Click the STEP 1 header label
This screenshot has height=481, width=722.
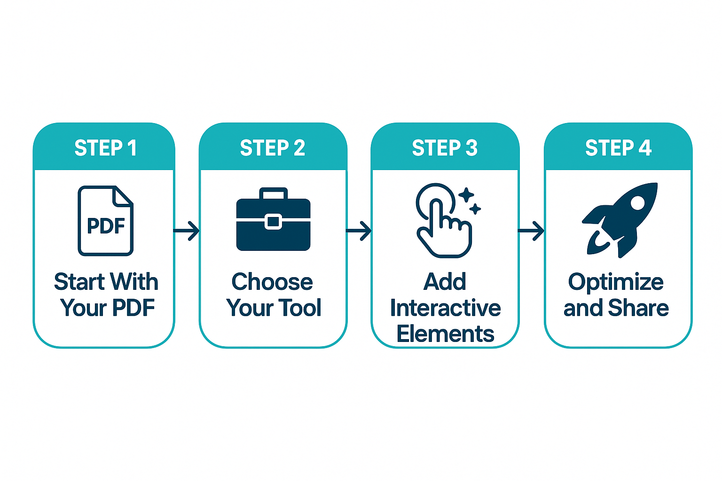pyautogui.click(x=105, y=148)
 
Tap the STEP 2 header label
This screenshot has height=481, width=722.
pyautogui.click(x=273, y=148)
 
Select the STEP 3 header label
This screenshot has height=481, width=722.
pyautogui.click(x=445, y=148)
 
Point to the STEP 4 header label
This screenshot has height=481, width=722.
pyautogui.click(x=618, y=148)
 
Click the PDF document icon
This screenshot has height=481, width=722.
pyautogui.click(x=105, y=221)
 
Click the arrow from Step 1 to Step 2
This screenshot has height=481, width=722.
pyautogui.click(x=187, y=231)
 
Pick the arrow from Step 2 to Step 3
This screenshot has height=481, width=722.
pyautogui.click(x=359, y=231)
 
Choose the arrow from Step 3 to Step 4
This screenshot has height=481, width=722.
pyautogui.click(x=531, y=231)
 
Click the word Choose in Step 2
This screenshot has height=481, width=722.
pyautogui.click(x=272, y=282)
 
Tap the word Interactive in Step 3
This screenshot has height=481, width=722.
pyautogui.click(x=445, y=308)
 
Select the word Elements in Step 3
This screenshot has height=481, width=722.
pyautogui.click(x=445, y=334)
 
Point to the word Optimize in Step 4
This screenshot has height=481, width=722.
pyautogui.click(x=616, y=282)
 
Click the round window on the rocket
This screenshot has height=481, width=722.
pyautogui.click(x=637, y=203)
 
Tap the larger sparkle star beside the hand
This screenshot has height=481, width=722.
pyautogui.click(x=466, y=195)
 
